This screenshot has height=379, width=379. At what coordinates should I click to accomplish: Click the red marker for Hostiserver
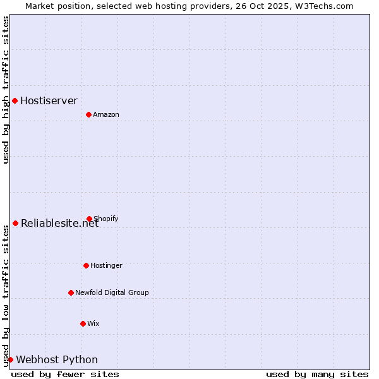pos(15,100)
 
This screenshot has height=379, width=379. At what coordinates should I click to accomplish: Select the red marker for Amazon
pos(88,114)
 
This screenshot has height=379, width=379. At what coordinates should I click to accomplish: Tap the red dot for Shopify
pos(89,219)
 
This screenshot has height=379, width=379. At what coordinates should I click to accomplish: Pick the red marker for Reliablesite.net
pos(15,223)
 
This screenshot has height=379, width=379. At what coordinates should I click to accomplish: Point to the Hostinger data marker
pos(86,265)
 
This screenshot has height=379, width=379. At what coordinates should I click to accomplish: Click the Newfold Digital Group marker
pos(71,292)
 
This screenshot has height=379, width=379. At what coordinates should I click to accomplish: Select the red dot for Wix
pos(83,323)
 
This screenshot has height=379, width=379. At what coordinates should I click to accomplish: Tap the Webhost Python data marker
pos(10,359)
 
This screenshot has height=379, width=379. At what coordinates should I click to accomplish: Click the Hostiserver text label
pos(49,100)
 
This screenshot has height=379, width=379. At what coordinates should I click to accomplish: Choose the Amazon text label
pos(106,114)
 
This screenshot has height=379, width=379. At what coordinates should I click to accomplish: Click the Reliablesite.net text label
pos(59,223)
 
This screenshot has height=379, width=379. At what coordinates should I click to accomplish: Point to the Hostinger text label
pos(106,265)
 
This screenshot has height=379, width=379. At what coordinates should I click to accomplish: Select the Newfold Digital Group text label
pos(112,292)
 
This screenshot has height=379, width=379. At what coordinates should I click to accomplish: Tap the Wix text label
pos(93,323)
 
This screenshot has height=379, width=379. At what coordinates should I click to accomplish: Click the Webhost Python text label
pos(57,359)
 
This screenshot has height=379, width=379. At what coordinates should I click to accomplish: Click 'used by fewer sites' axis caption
pos(65,374)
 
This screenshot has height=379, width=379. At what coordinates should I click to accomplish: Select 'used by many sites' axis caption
pos(317,374)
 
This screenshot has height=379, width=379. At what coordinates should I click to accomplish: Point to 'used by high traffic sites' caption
pos(6,90)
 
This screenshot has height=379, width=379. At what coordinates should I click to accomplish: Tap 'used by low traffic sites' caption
pos(6,296)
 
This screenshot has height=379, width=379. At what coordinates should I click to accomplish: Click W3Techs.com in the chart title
pos(323,6)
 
